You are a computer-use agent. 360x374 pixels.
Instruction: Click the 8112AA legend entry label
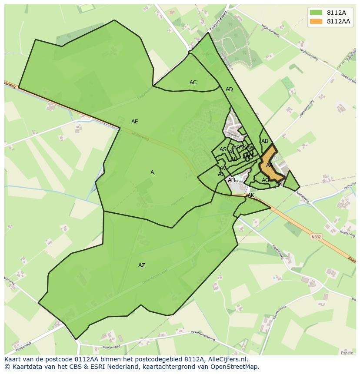click(x=338, y=21)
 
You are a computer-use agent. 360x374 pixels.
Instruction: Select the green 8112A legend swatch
click(x=316, y=13)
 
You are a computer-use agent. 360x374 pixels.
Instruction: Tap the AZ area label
click(x=142, y=265)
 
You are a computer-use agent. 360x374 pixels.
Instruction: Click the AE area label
click(x=135, y=122)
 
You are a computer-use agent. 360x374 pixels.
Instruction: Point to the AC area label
click(x=193, y=83)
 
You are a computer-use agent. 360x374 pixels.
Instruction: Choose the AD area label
click(x=229, y=89)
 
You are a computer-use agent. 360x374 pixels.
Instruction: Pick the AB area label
click(x=265, y=141)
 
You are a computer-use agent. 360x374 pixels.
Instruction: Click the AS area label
click(x=223, y=149)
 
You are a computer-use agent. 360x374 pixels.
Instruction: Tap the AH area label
click(x=231, y=180)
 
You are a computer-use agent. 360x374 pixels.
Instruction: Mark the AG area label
click(x=265, y=180)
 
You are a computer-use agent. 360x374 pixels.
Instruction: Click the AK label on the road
click(x=251, y=196)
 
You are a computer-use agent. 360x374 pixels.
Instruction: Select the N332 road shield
click(x=316, y=237)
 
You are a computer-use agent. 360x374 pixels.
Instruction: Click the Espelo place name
click(x=347, y=353)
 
